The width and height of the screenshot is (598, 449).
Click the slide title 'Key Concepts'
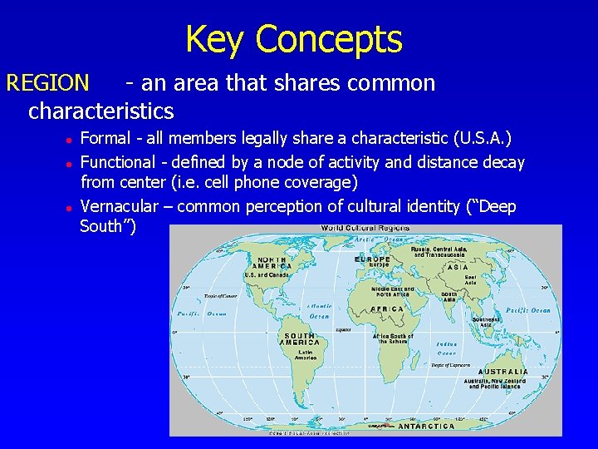[293, 39]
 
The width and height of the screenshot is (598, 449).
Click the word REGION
[47, 83]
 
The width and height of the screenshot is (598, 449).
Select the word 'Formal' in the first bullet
[105, 138]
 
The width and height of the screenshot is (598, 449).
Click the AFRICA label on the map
[386, 308]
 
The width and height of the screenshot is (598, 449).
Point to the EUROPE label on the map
[372, 259]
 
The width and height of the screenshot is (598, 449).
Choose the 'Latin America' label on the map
[294, 356]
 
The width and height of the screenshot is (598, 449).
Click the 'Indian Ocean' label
[446, 348]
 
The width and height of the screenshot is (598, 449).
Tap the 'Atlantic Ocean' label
[320, 311]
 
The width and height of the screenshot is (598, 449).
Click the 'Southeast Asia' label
[485, 321]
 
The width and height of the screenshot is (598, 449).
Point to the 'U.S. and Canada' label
[267, 275]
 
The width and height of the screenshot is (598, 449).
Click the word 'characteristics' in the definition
[100, 110]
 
